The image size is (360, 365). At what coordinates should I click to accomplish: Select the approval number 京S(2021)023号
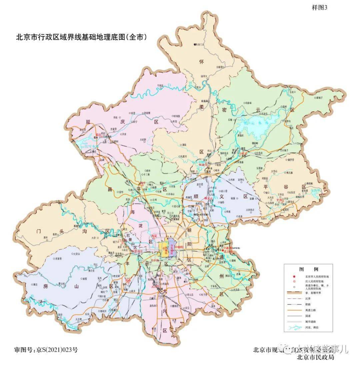(x=47, y=350)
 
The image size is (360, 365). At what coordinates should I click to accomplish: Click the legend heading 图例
(x=308, y=270)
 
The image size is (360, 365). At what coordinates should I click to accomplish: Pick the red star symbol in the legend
(x=294, y=277)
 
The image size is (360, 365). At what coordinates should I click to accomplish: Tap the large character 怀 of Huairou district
(x=201, y=62)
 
